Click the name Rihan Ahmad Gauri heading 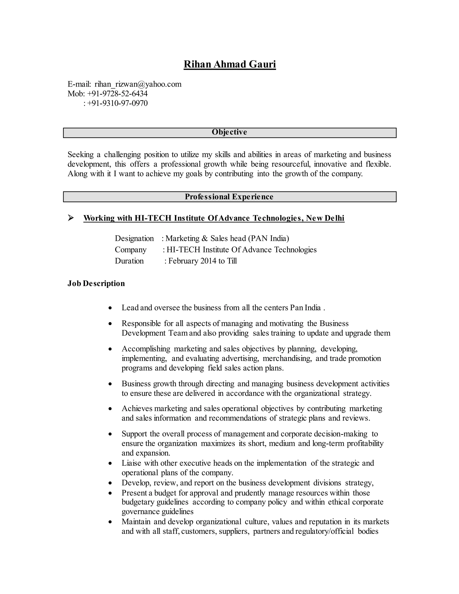pyautogui.click(x=230, y=64)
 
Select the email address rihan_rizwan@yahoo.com pyautogui.click(x=138, y=84)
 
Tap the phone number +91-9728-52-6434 pyautogui.click(x=117, y=93)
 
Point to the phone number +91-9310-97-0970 pyautogui.click(x=117, y=103)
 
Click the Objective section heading pyautogui.click(x=229, y=132)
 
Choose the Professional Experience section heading pyautogui.click(x=229, y=197)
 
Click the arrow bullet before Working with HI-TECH pyautogui.click(x=71, y=218)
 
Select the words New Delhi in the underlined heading pyautogui.click(x=325, y=218)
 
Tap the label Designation pyautogui.click(x=134, y=238)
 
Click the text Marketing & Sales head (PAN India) pyautogui.click(x=227, y=238)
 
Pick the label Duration pyautogui.click(x=129, y=261)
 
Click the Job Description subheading pyautogui.click(x=96, y=283)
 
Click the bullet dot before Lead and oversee pyautogui.click(x=110, y=308)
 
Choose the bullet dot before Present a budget pyautogui.click(x=110, y=493)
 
